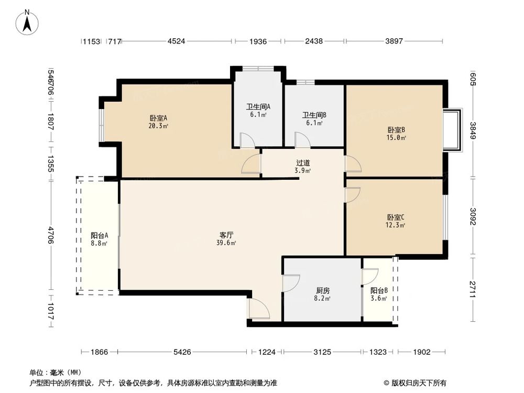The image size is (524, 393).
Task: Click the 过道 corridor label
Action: [303, 162]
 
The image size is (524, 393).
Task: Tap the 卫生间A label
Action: [258, 107]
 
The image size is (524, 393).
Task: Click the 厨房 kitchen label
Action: [323, 290]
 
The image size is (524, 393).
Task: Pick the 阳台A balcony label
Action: [99, 235]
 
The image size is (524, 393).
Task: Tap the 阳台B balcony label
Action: [379, 290]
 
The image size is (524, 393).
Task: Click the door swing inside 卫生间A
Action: [247, 140]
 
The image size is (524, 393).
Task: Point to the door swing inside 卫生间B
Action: [302, 140]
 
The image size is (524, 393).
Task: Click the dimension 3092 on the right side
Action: [473, 216]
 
